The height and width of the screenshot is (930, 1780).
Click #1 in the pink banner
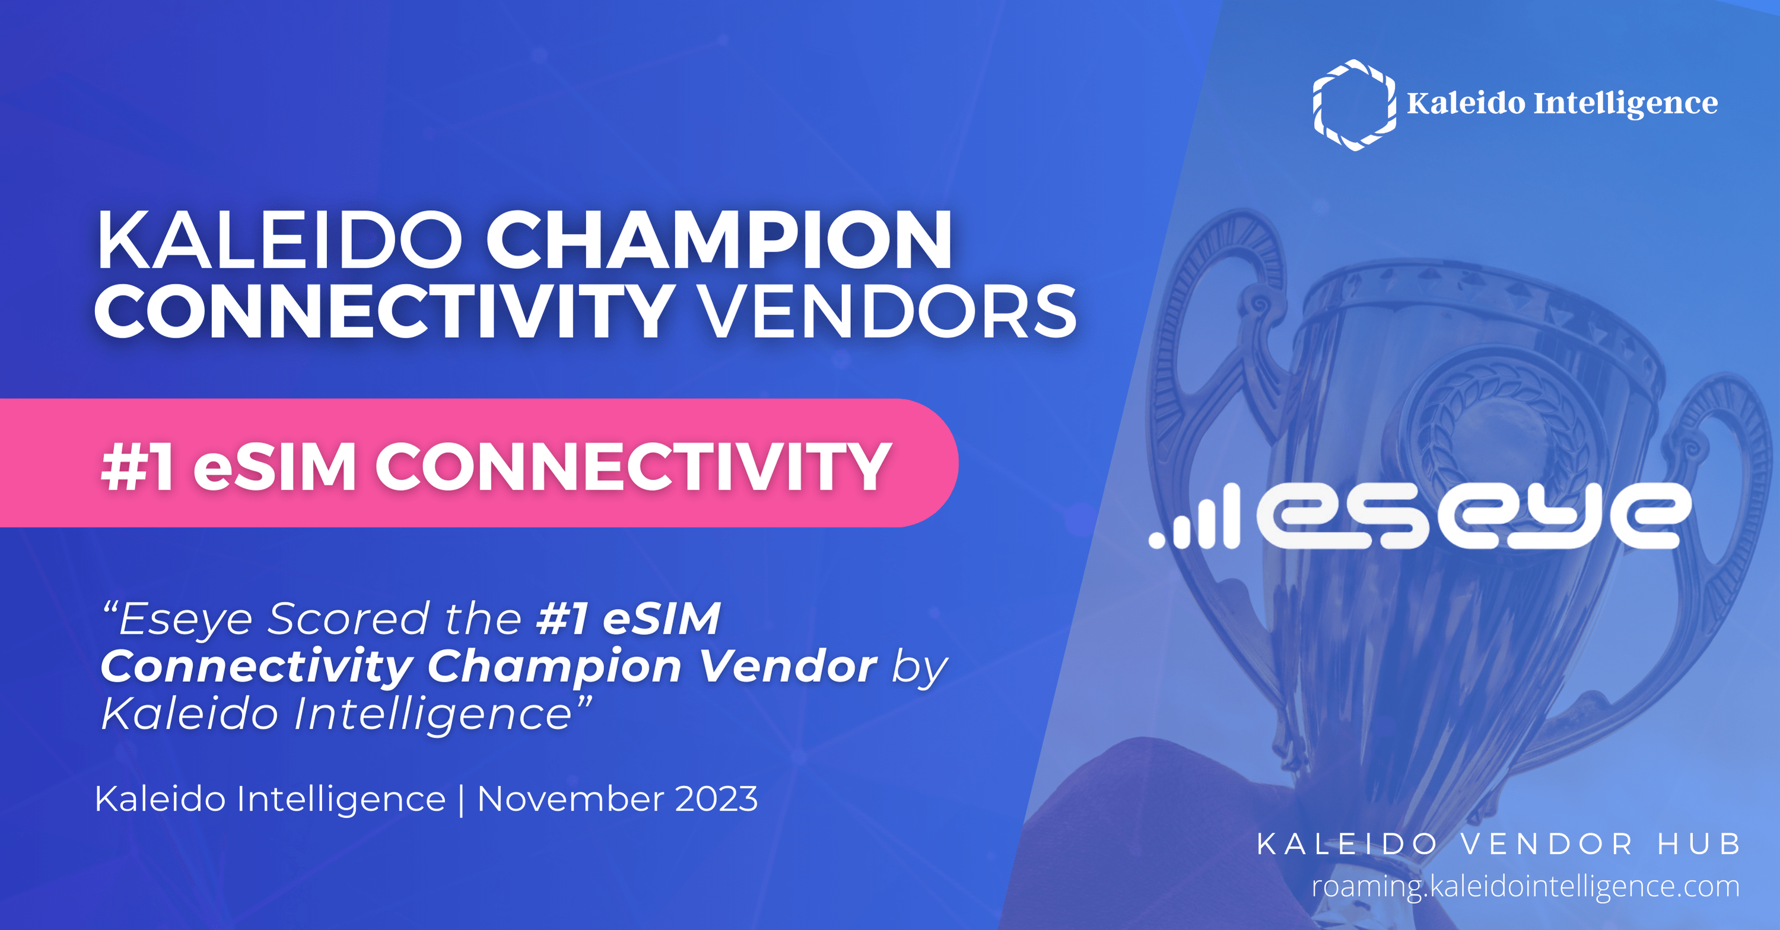(137, 468)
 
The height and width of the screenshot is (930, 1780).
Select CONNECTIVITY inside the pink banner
(632, 468)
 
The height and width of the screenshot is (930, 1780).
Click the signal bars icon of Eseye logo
(1195, 518)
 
